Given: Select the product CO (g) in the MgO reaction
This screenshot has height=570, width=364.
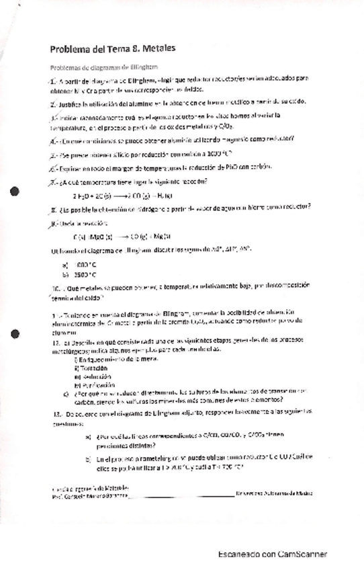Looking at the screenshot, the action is tap(143, 237).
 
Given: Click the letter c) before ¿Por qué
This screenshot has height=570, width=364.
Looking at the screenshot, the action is tap(85, 395).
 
